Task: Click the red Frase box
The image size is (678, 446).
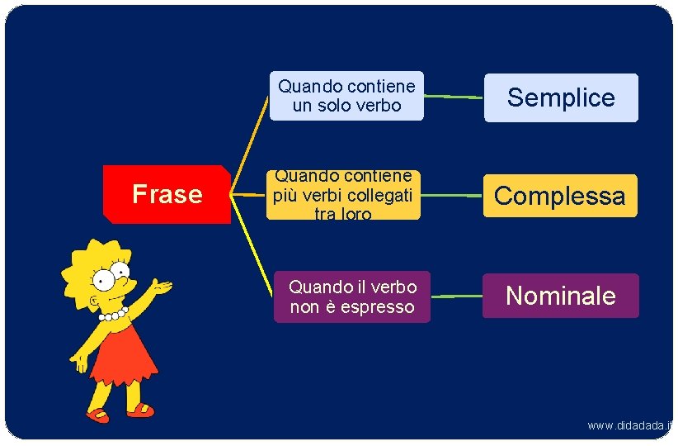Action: tap(167, 194)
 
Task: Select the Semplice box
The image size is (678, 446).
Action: tap(561, 97)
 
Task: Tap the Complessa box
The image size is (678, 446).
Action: tap(560, 196)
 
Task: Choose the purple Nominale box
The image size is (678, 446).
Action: tap(561, 296)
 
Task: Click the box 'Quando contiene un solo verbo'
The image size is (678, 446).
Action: tap(346, 96)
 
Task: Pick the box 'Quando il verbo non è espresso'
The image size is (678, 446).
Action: tap(352, 297)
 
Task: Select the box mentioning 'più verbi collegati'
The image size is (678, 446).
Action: tap(343, 196)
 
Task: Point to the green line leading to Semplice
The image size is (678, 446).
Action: tap(454, 97)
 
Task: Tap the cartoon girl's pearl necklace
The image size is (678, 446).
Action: tap(113, 314)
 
